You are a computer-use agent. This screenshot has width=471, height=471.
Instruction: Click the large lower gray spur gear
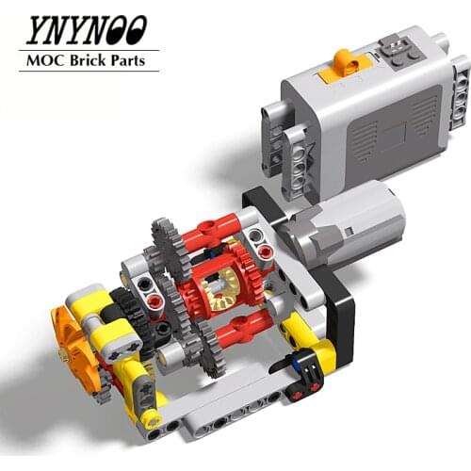[x=198, y=349]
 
